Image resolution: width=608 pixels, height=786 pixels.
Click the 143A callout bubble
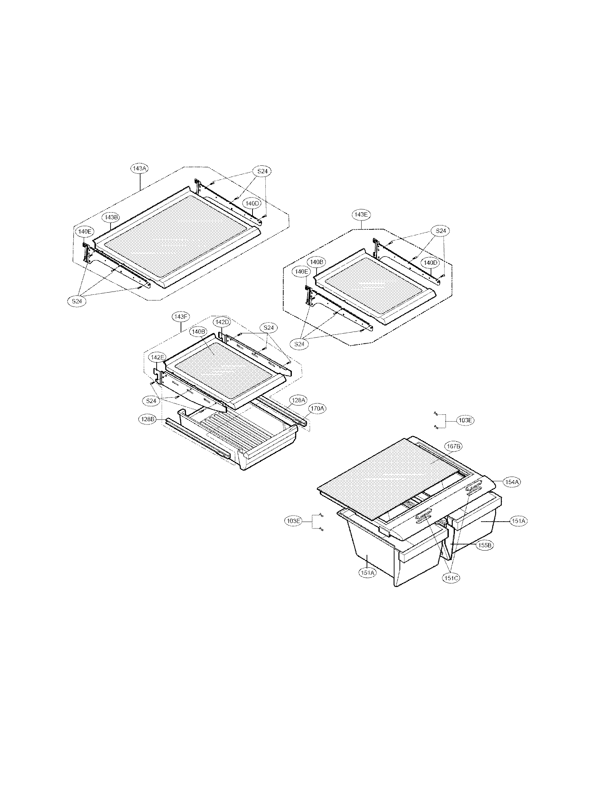[x=139, y=168]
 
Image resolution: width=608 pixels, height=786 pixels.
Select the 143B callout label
[x=110, y=217]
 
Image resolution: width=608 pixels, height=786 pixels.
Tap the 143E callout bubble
[x=361, y=214]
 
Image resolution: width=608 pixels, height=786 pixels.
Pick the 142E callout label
[x=157, y=357]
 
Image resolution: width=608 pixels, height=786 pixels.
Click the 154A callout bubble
[x=511, y=482]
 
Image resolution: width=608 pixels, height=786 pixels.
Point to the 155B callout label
[x=485, y=545]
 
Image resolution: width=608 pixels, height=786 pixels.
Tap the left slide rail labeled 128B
[x=198, y=437]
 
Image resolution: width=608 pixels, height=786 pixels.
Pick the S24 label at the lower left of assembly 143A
[x=77, y=301]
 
